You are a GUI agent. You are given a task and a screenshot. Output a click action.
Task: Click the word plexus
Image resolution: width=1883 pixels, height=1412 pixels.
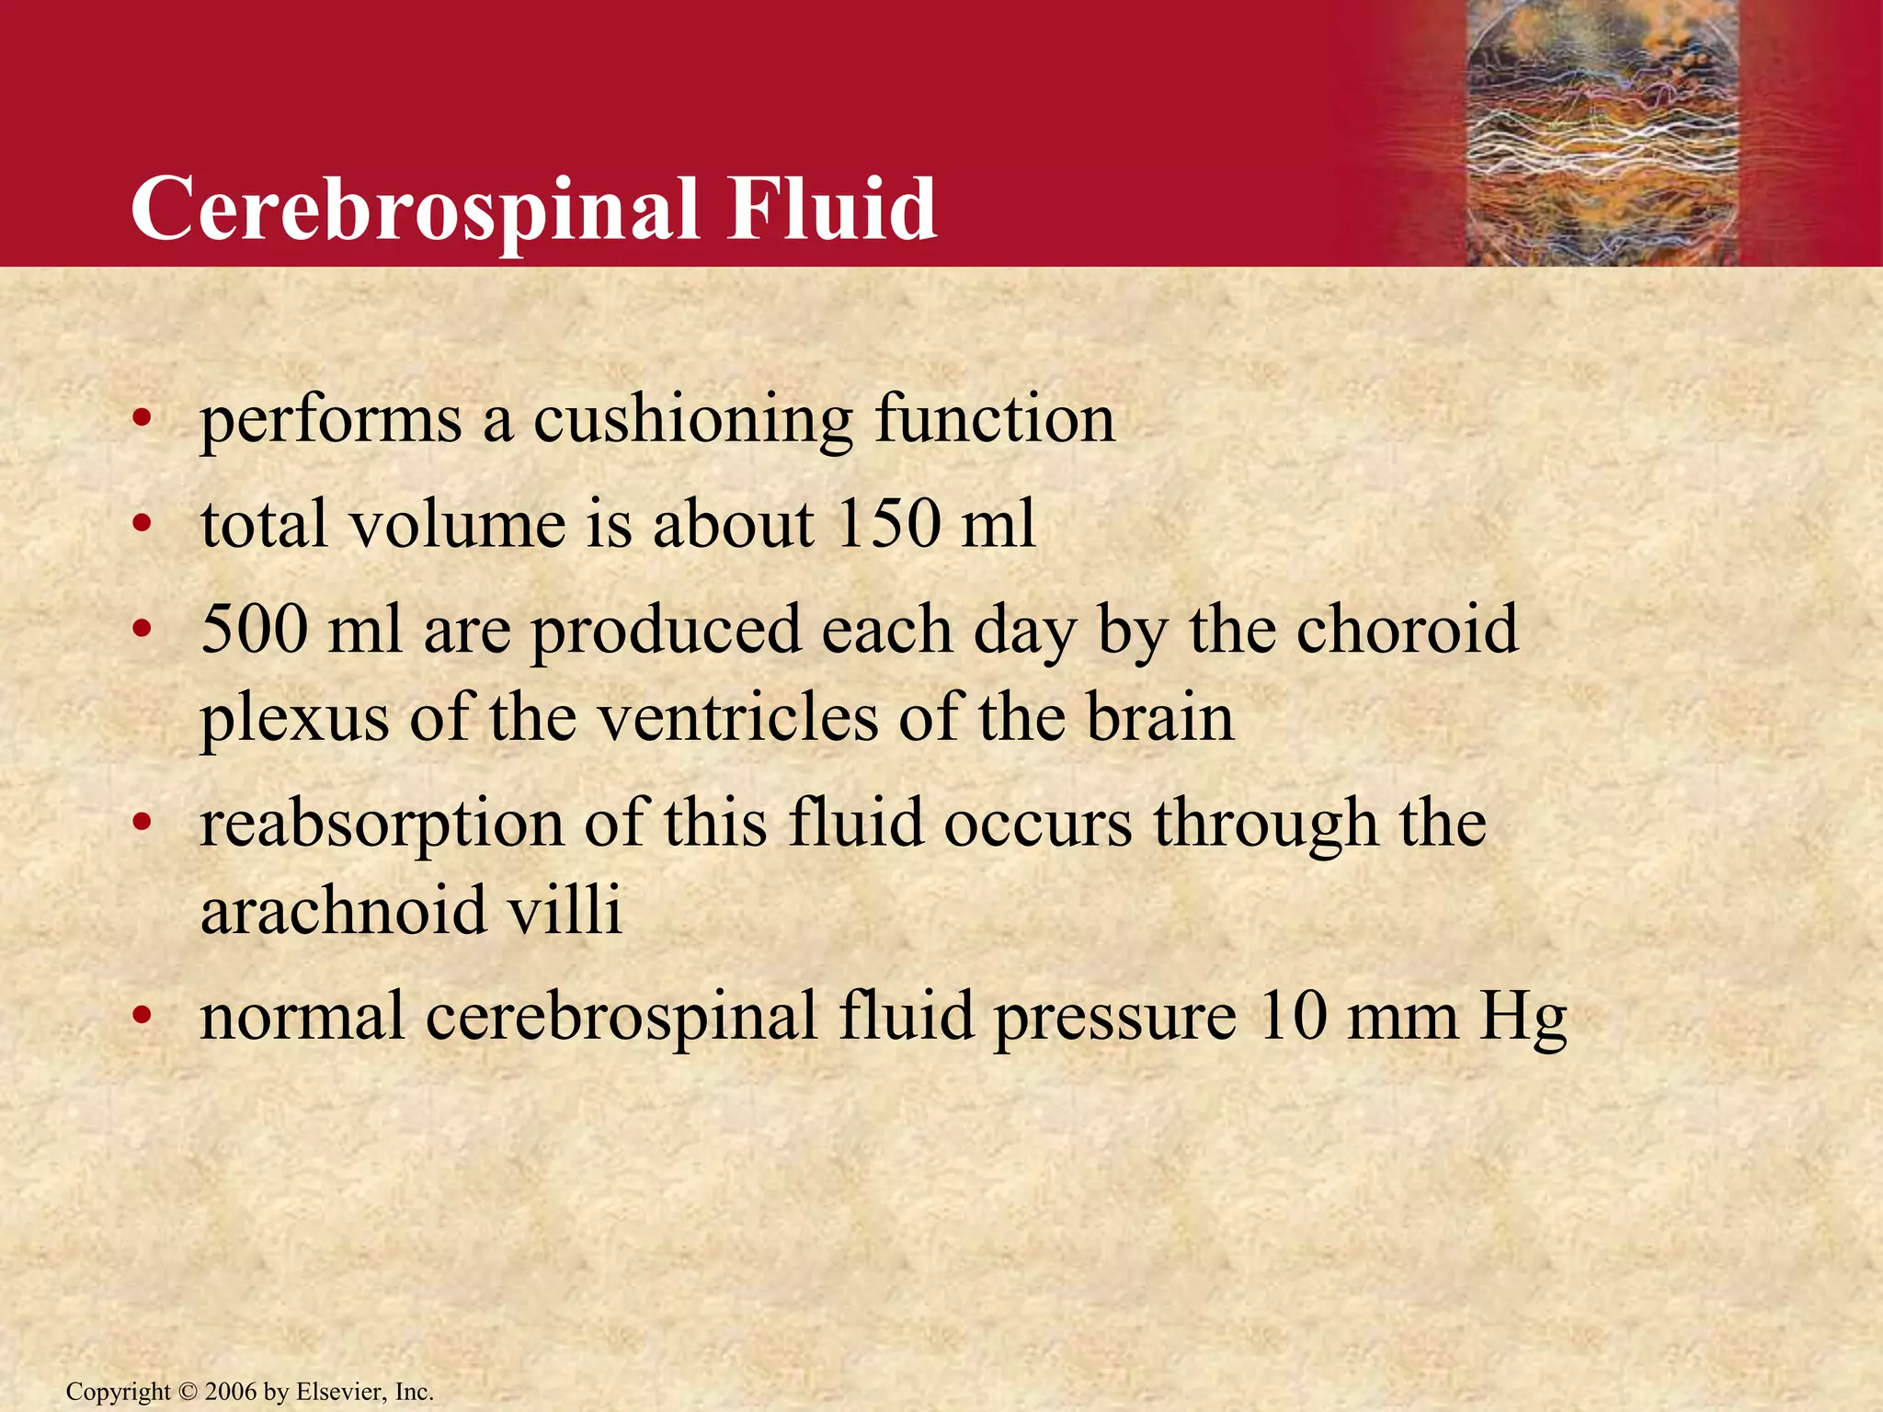coord(294,719)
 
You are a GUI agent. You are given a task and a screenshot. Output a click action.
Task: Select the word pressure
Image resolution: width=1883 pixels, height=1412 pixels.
coord(1114,1019)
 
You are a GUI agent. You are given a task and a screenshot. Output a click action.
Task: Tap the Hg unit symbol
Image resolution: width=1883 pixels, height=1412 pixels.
coord(1523,1019)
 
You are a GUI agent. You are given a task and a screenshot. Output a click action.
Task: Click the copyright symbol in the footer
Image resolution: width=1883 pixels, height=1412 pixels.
coord(188,1392)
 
